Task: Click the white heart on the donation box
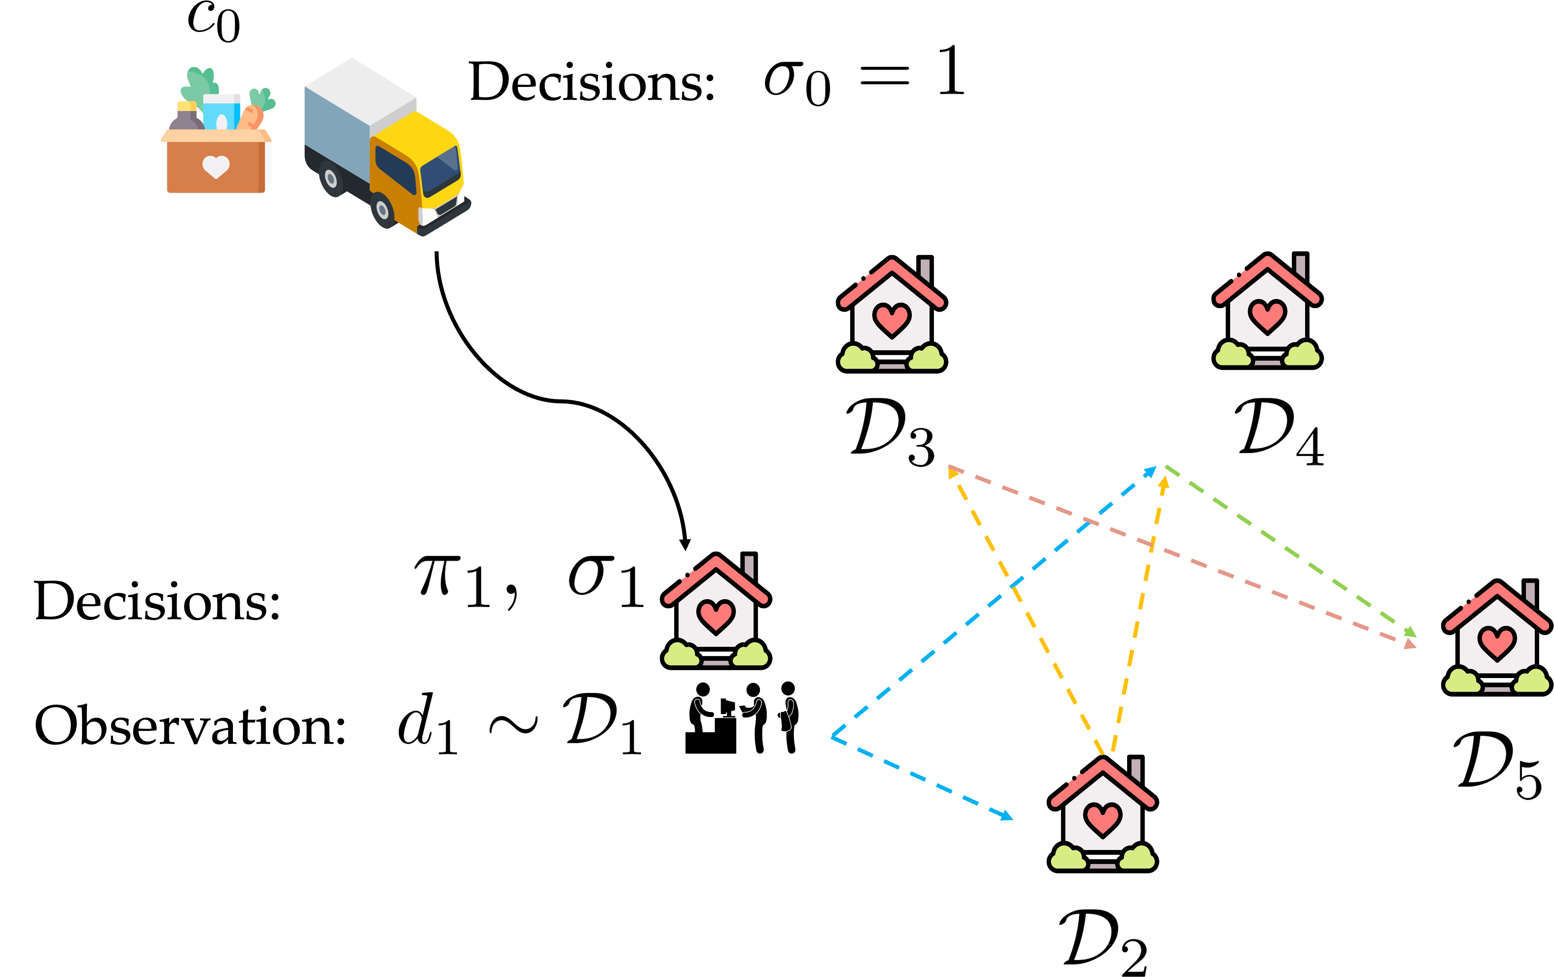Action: [x=216, y=166]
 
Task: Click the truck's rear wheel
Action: [x=331, y=179]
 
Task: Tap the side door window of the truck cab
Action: [x=395, y=169]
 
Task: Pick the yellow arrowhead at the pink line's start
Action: [x=952, y=473]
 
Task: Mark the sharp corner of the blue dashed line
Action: [x=833, y=736]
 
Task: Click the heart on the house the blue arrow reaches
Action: [x=1102, y=818]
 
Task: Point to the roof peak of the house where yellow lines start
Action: [x=1102, y=763]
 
